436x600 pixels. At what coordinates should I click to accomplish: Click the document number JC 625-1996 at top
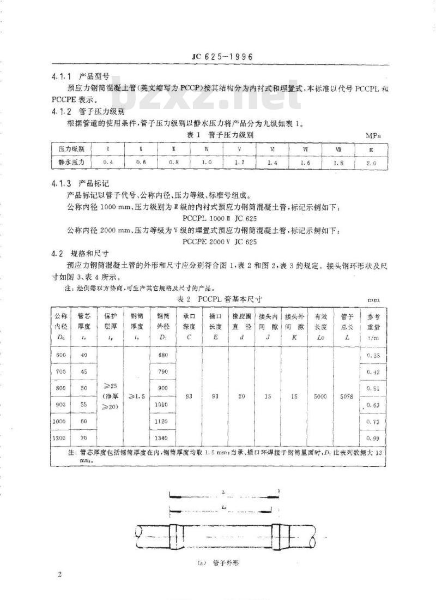coord(216,57)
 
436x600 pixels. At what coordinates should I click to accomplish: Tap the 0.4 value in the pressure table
coord(108,163)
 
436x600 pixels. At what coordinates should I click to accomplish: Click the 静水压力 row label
coord(68,163)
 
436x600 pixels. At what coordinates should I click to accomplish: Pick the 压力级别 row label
coord(68,148)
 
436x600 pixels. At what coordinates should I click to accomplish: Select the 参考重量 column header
coord(373,326)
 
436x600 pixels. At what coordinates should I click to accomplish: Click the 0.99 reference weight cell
coord(373,437)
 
